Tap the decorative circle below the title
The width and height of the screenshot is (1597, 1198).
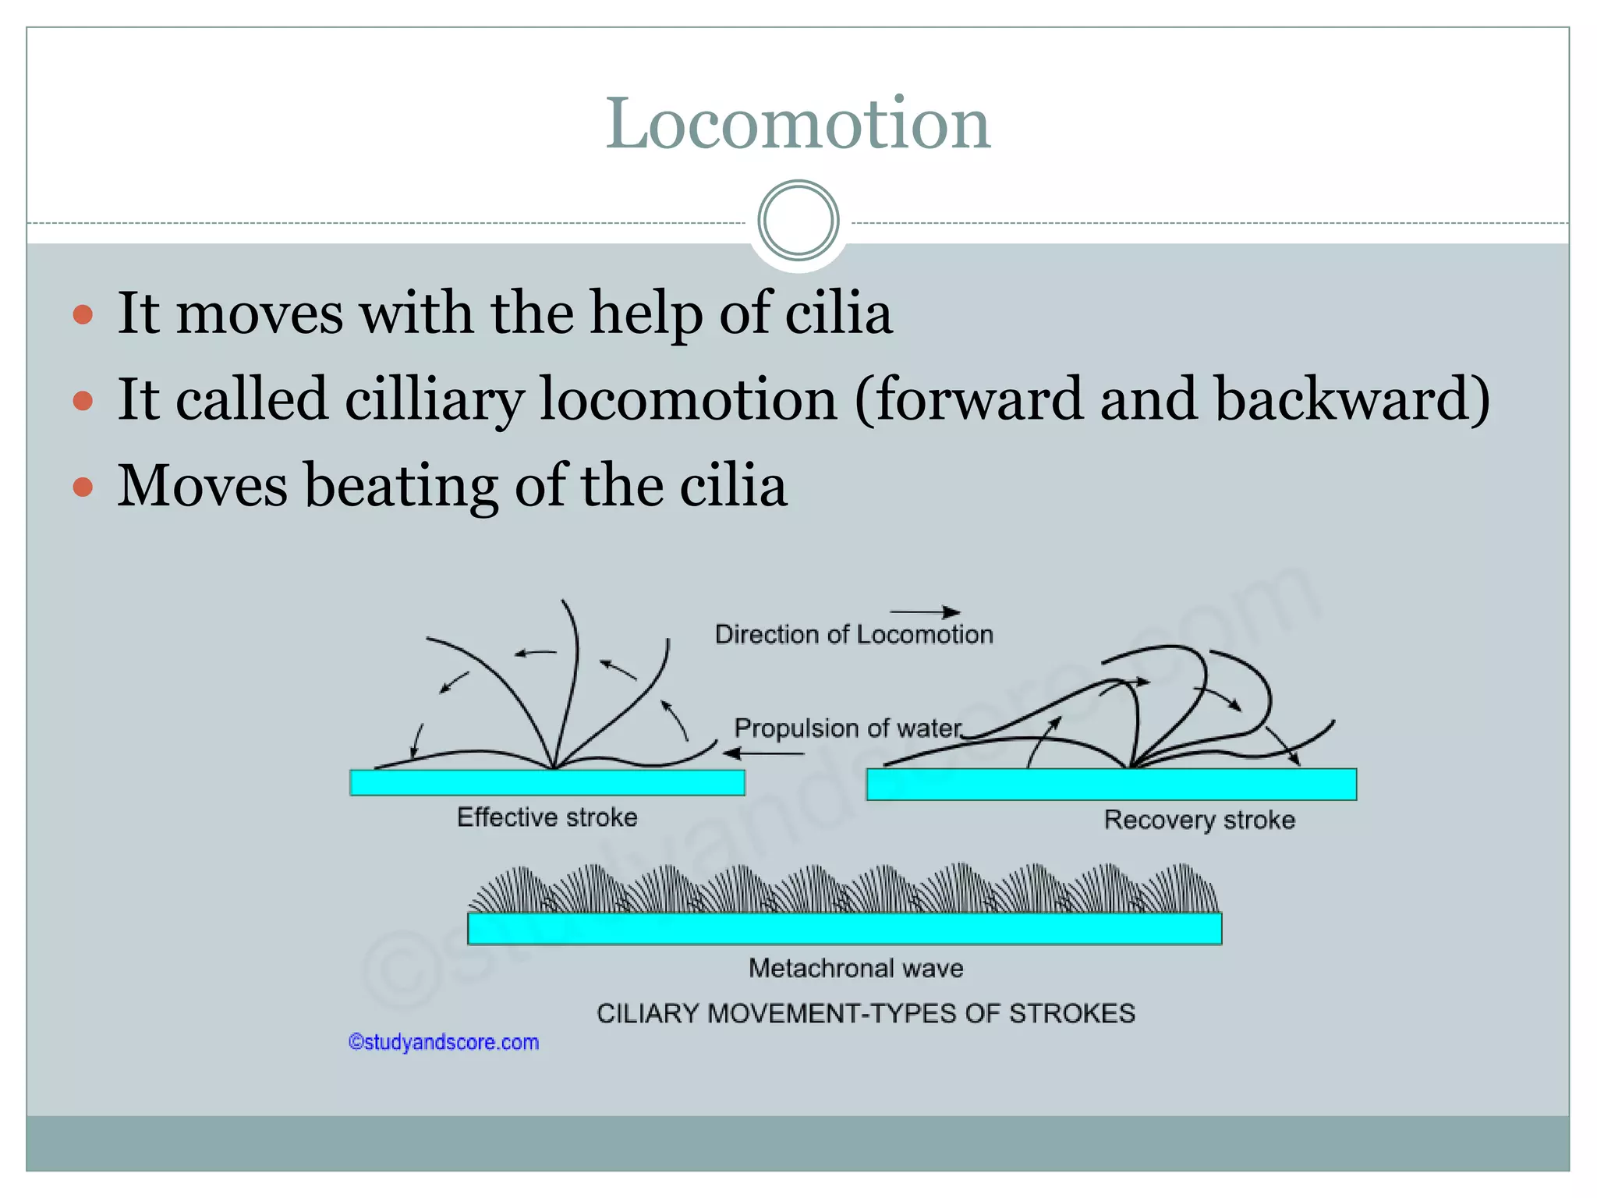(x=798, y=221)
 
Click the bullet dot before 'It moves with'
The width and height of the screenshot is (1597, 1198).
(x=83, y=315)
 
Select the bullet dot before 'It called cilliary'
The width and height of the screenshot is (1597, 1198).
(x=83, y=401)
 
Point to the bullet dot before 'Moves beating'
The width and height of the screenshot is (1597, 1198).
(x=83, y=487)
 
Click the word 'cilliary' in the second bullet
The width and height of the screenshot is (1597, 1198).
(x=434, y=399)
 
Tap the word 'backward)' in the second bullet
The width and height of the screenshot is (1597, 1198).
(x=1352, y=399)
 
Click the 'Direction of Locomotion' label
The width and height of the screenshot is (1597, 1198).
(x=854, y=635)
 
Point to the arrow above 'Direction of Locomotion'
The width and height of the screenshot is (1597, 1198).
(x=925, y=612)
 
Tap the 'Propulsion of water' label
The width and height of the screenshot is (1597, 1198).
(x=848, y=728)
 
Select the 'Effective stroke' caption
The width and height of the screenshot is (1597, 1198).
(x=547, y=817)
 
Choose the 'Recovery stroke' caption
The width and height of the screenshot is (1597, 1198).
(x=1199, y=820)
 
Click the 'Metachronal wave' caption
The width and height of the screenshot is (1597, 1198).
(x=855, y=969)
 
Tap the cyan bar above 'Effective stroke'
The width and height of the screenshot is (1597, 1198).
(x=547, y=782)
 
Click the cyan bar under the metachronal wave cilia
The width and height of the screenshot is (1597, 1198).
(x=844, y=928)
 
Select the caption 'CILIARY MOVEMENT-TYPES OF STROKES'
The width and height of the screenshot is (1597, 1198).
(x=866, y=1013)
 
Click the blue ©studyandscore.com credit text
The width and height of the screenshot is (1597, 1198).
(x=444, y=1042)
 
